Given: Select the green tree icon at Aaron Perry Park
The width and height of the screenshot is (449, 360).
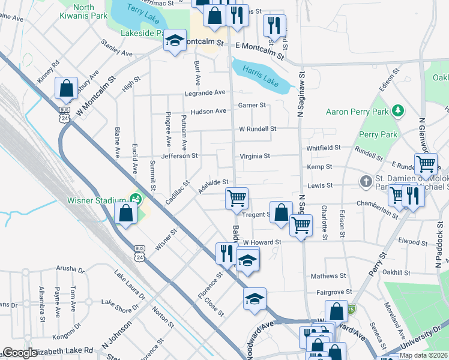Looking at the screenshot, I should [396, 110].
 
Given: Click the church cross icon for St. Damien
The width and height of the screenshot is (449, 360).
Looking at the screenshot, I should [366, 181].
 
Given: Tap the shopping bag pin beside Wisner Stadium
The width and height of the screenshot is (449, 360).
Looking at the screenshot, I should [125, 214].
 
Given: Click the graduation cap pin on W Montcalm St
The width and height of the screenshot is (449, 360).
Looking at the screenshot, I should [175, 41].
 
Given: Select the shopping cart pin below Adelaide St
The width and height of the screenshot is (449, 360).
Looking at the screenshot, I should [237, 197].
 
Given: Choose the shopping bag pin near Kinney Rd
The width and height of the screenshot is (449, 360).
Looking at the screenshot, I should [66, 88].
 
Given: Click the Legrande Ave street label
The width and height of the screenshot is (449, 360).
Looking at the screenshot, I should [205, 92].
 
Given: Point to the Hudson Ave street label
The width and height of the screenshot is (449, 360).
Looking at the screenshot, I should [208, 111].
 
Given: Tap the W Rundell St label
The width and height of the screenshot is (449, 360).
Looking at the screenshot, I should [257, 128].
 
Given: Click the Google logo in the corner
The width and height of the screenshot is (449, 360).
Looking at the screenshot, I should [20, 353].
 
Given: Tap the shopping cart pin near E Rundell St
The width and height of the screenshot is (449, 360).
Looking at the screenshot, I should [426, 163].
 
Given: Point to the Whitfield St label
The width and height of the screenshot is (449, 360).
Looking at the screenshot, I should [323, 147].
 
